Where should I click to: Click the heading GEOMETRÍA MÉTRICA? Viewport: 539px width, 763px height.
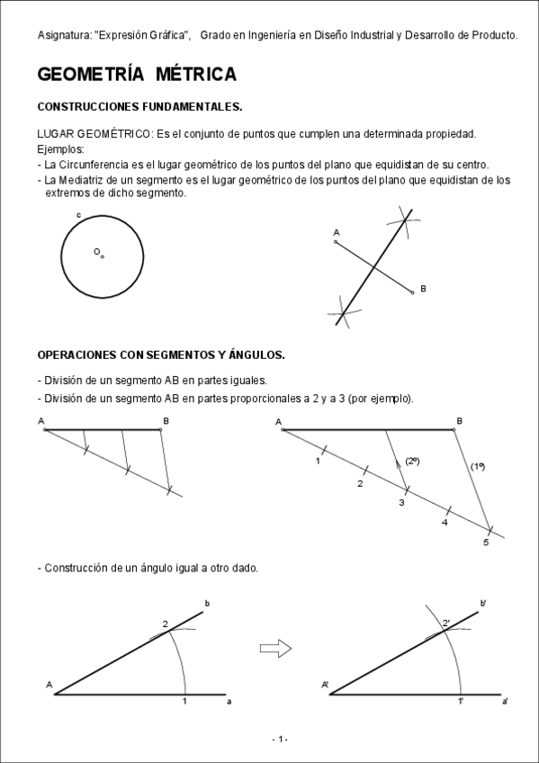click(137, 74)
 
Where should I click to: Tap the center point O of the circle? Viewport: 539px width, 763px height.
click(102, 256)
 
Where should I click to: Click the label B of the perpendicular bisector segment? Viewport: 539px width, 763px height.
click(423, 289)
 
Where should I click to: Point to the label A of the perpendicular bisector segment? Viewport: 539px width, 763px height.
click(336, 233)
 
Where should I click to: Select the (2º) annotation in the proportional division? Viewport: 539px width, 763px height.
click(412, 461)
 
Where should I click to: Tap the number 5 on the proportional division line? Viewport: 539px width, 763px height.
click(485, 543)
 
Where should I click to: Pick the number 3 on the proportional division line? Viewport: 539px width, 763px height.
click(401, 503)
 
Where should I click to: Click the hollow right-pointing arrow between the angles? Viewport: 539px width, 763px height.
click(275, 647)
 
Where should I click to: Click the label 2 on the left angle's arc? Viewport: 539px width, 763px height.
click(166, 624)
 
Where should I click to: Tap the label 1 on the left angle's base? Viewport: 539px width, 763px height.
click(184, 701)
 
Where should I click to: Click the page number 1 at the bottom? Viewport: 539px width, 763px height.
click(281, 740)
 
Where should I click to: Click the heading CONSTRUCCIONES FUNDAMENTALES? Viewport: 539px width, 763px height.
click(139, 106)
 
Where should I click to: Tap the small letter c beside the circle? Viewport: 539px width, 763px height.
click(79, 215)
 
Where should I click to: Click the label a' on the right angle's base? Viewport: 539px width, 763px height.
click(505, 701)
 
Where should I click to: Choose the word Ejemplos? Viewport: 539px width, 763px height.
click(60, 148)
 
